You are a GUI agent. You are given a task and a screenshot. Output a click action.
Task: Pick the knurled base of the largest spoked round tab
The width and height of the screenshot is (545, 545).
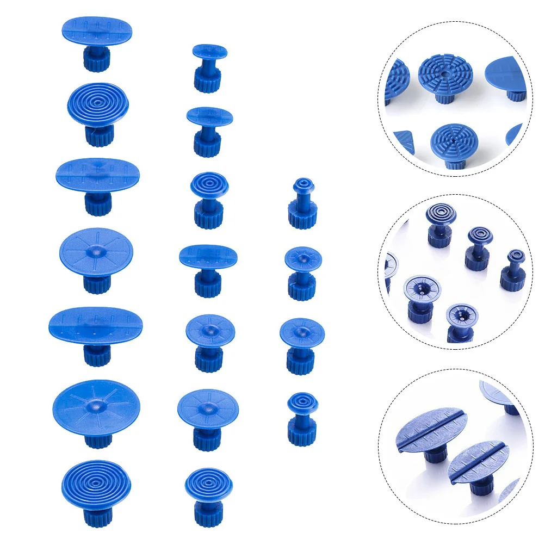(x=98, y=437)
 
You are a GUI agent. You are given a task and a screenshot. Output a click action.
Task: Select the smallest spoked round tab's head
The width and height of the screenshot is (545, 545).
(x=303, y=258)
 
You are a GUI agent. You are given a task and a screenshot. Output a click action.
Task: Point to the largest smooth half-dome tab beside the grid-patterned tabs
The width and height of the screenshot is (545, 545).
(x=509, y=73)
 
